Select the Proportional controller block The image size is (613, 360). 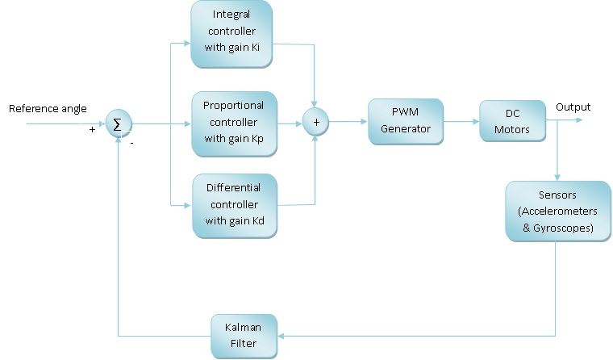pyautogui.click(x=232, y=123)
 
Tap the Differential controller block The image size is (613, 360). pyautogui.click(x=232, y=206)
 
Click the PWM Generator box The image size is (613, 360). pyautogui.click(x=406, y=121)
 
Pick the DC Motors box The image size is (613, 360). pyautogui.click(x=512, y=121)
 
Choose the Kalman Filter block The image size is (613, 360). pyautogui.click(x=244, y=336)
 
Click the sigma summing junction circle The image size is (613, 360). pyautogui.click(x=119, y=123)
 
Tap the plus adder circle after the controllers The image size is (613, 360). pyautogui.click(x=316, y=123)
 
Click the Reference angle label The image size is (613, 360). pyautogui.click(x=48, y=109)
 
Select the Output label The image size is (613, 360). pyautogui.click(x=573, y=107)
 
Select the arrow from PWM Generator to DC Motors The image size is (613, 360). pyautogui.click(x=461, y=122)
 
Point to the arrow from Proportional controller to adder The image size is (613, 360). pyautogui.click(x=290, y=123)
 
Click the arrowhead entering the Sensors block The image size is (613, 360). pyautogui.click(x=557, y=177)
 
